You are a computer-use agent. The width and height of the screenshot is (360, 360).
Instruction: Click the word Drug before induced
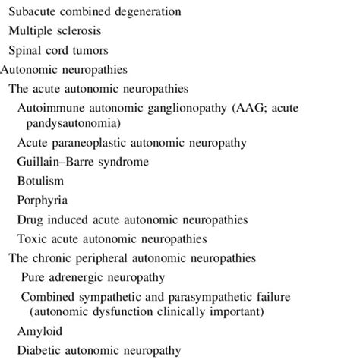[x=30, y=219]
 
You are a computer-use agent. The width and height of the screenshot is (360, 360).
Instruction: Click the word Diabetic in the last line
[x=43, y=350]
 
